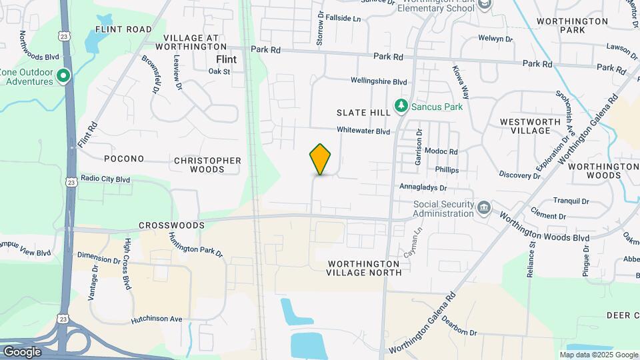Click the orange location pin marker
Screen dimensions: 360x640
click(321, 159)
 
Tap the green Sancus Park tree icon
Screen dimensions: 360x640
click(401, 105)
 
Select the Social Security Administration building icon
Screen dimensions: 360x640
click(484, 209)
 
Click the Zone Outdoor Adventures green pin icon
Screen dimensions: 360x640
click(63, 77)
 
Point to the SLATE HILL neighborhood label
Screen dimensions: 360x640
click(363, 113)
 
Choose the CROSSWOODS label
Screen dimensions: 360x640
click(171, 225)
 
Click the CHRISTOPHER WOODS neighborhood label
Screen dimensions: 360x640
click(207, 165)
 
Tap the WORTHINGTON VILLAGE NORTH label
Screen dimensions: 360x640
click(365, 267)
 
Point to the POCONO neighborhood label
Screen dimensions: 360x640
click(124, 159)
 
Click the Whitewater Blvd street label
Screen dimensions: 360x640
click(363, 131)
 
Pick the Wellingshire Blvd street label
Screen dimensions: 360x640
click(379, 81)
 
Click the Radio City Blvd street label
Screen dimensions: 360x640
click(105, 179)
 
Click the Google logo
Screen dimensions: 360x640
click(22, 352)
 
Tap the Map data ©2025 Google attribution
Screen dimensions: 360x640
click(599, 355)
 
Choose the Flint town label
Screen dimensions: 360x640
click(226, 59)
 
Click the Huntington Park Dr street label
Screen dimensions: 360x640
click(195, 244)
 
